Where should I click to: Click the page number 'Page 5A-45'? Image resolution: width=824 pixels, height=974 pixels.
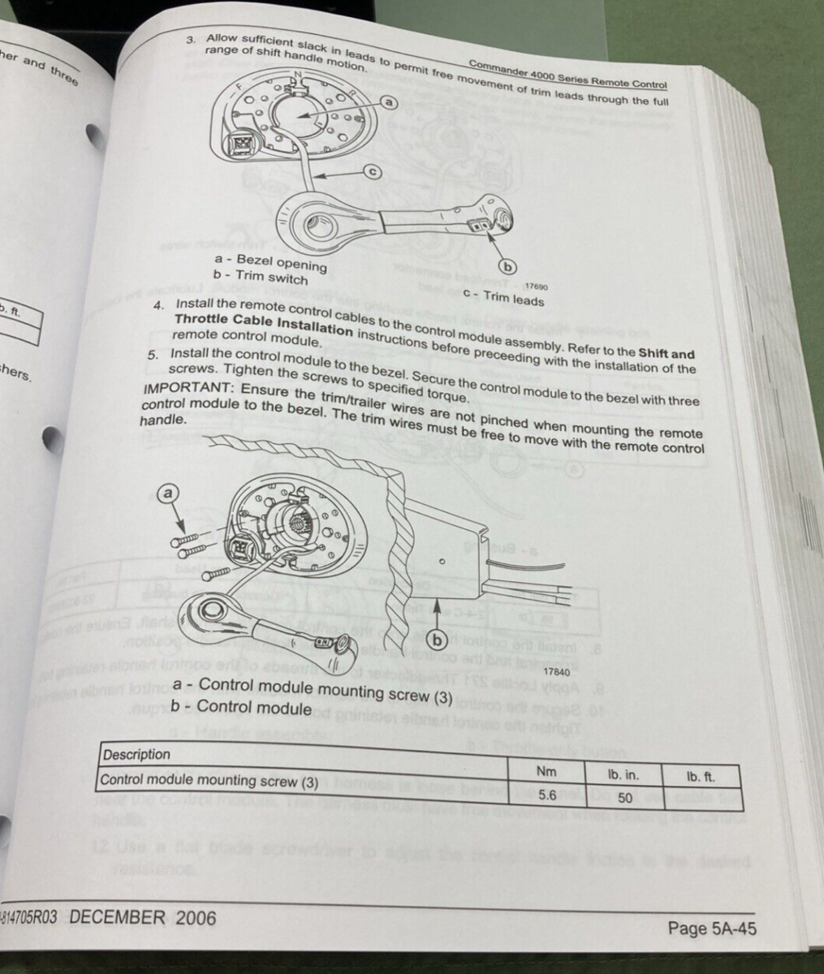pos(711,928)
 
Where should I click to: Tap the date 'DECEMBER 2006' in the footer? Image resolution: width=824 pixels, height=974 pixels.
pos(143,917)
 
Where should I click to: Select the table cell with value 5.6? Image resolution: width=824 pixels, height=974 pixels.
pos(547,795)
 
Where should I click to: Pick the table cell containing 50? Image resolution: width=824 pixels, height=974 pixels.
pos(623,798)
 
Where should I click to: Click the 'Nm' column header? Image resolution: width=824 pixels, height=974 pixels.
pos(547,771)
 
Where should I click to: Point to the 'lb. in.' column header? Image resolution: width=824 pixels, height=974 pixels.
pos(623,774)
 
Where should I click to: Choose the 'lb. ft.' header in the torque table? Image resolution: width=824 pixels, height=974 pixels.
pos(700,777)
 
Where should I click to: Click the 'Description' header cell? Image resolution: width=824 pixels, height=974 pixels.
pos(136,754)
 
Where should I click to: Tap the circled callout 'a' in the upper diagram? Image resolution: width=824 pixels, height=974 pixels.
pos(389,102)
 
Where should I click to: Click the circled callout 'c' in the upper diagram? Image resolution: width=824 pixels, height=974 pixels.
pos(372,171)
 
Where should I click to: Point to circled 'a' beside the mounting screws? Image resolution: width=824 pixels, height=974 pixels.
pos(169,493)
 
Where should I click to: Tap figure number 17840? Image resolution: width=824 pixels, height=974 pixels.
pos(556,672)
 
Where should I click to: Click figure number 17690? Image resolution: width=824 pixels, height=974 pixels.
pos(537,286)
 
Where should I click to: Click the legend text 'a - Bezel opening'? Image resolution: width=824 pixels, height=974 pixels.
pos(270,262)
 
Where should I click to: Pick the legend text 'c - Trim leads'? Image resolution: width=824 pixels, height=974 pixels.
pos(503,297)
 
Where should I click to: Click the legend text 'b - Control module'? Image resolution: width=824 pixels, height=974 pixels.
pos(241,706)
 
